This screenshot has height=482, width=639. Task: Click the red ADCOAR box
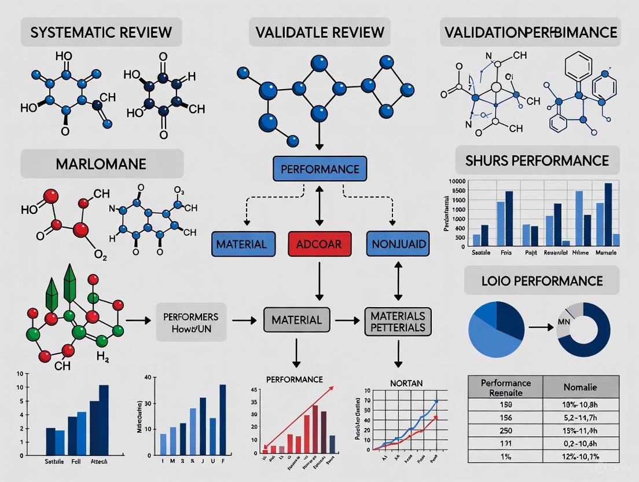319,244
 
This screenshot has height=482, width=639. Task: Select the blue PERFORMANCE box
319,170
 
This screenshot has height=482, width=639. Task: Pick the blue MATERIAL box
241,244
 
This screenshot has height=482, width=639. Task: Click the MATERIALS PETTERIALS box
398,321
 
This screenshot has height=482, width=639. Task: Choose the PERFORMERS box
191,322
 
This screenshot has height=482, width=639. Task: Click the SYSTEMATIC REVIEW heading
101,32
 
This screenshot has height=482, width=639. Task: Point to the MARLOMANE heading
102,163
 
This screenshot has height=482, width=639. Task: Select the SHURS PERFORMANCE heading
538,160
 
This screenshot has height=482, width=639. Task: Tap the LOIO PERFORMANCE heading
542,281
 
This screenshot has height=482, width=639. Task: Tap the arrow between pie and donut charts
539,327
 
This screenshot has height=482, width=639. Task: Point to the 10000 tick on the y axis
457,181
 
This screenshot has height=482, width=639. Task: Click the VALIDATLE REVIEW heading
319,32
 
